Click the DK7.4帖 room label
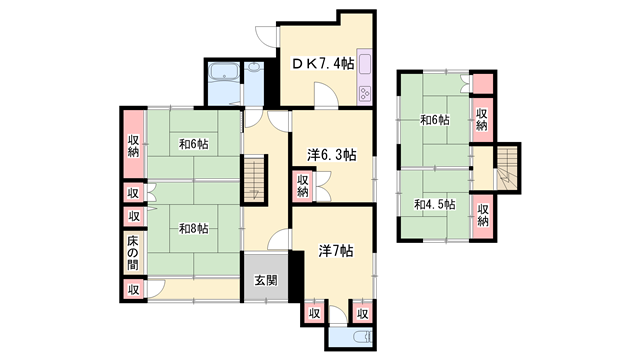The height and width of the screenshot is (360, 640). (x=322, y=63)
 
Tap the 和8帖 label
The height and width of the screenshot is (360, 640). (x=193, y=229)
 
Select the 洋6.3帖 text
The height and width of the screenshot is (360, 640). (x=332, y=154)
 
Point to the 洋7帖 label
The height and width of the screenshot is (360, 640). (x=335, y=251)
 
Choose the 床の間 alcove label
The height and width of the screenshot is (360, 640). (x=133, y=252)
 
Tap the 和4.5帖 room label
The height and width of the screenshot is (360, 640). (x=434, y=204)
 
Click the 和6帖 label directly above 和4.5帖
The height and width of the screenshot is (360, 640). (x=434, y=120)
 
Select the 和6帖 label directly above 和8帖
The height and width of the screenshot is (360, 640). (x=193, y=144)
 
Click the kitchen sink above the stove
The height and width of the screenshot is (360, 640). (x=364, y=65)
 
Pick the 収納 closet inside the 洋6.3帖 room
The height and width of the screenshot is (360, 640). (x=303, y=185)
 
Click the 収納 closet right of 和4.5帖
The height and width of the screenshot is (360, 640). (x=482, y=213)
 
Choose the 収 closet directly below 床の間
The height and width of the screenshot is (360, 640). (x=133, y=289)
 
